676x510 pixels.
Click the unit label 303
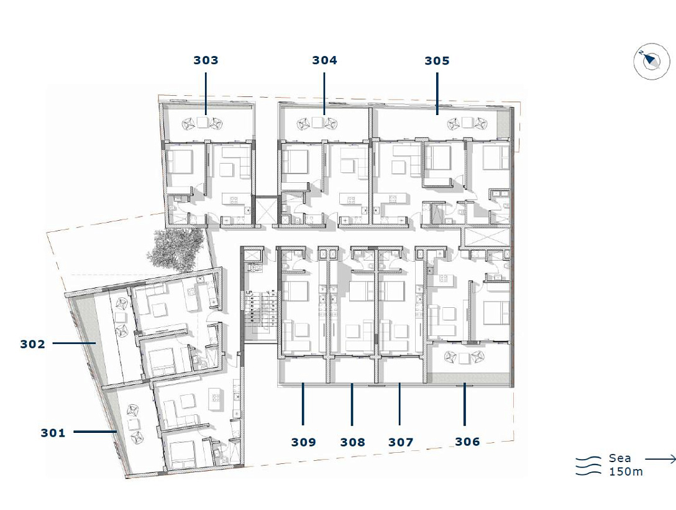[206, 60]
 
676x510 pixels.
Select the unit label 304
[324, 60]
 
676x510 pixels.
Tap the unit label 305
[437, 60]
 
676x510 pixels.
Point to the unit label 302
[32, 344]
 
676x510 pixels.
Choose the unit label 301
[53, 432]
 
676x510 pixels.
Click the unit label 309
[303, 442]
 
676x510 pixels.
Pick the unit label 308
[353, 442]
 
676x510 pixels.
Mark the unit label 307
[401, 442]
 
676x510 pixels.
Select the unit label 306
[467, 442]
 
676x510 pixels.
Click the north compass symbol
[651, 62]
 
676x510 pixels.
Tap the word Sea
[619, 458]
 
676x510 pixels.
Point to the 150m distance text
[626, 471]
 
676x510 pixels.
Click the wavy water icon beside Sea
[588, 466]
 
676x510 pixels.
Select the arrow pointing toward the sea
[660, 459]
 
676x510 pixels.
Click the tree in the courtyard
[175, 250]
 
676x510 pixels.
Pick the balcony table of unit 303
[203, 123]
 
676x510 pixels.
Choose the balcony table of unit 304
[319, 123]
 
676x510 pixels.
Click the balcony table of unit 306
[464, 358]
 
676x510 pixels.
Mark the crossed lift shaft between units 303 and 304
[264, 210]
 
